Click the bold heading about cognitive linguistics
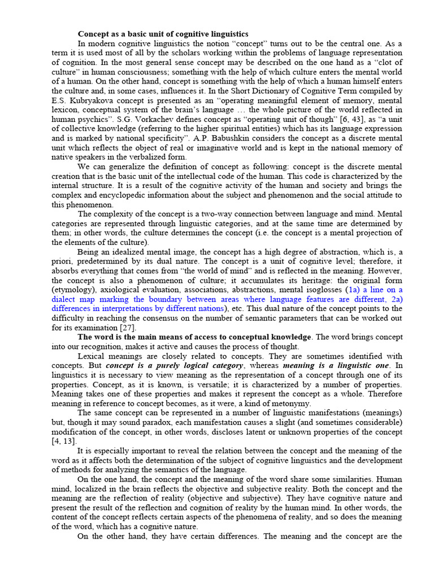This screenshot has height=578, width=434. [163, 34]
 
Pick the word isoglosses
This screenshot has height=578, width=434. [319, 290]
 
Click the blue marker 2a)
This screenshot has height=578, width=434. [395, 299]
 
